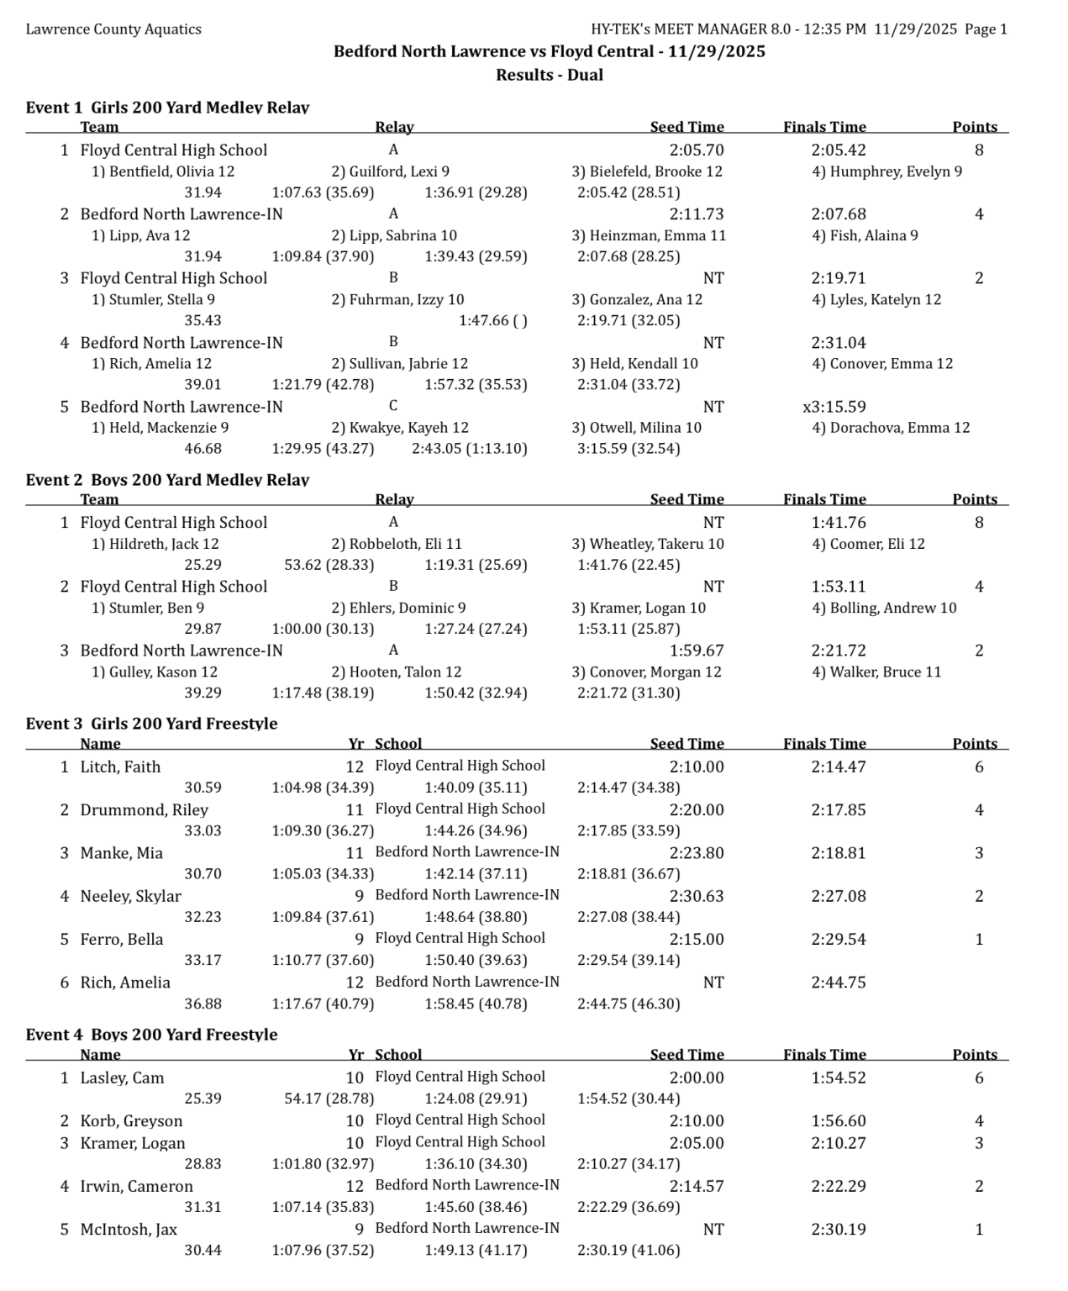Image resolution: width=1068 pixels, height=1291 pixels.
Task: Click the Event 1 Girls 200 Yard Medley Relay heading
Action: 167,108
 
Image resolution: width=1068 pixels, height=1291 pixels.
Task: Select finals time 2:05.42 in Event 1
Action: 838,150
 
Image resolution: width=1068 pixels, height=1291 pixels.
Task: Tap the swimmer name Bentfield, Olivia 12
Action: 163,171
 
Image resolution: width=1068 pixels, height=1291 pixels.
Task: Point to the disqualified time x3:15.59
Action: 834,407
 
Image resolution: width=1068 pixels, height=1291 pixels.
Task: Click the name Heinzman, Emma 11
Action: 649,235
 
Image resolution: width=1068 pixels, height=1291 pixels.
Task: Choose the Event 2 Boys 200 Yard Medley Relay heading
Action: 167,480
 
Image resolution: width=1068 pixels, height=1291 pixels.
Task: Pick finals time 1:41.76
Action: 838,523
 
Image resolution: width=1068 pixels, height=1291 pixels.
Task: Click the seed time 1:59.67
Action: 696,651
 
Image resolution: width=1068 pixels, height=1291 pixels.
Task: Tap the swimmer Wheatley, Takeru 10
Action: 648,544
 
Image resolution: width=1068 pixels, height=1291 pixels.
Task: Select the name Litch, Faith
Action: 120,767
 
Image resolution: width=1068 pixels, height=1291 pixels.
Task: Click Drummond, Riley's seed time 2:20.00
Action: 696,810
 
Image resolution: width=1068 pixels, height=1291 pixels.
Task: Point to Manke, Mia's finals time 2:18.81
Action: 838,853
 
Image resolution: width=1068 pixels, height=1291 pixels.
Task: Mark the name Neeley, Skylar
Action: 130,896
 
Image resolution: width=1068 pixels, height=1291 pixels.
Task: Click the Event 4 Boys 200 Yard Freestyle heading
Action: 151,1035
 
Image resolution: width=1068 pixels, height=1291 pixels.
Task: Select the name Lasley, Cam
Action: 122,1078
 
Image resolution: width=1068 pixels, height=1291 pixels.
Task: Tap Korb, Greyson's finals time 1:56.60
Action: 838,1121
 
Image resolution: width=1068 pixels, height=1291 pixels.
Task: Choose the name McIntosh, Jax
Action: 129,1230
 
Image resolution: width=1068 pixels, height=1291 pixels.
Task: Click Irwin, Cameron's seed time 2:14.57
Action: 696,1187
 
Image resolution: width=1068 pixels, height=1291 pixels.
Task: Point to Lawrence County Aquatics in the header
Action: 113,29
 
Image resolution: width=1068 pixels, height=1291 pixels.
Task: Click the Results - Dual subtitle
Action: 550,75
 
